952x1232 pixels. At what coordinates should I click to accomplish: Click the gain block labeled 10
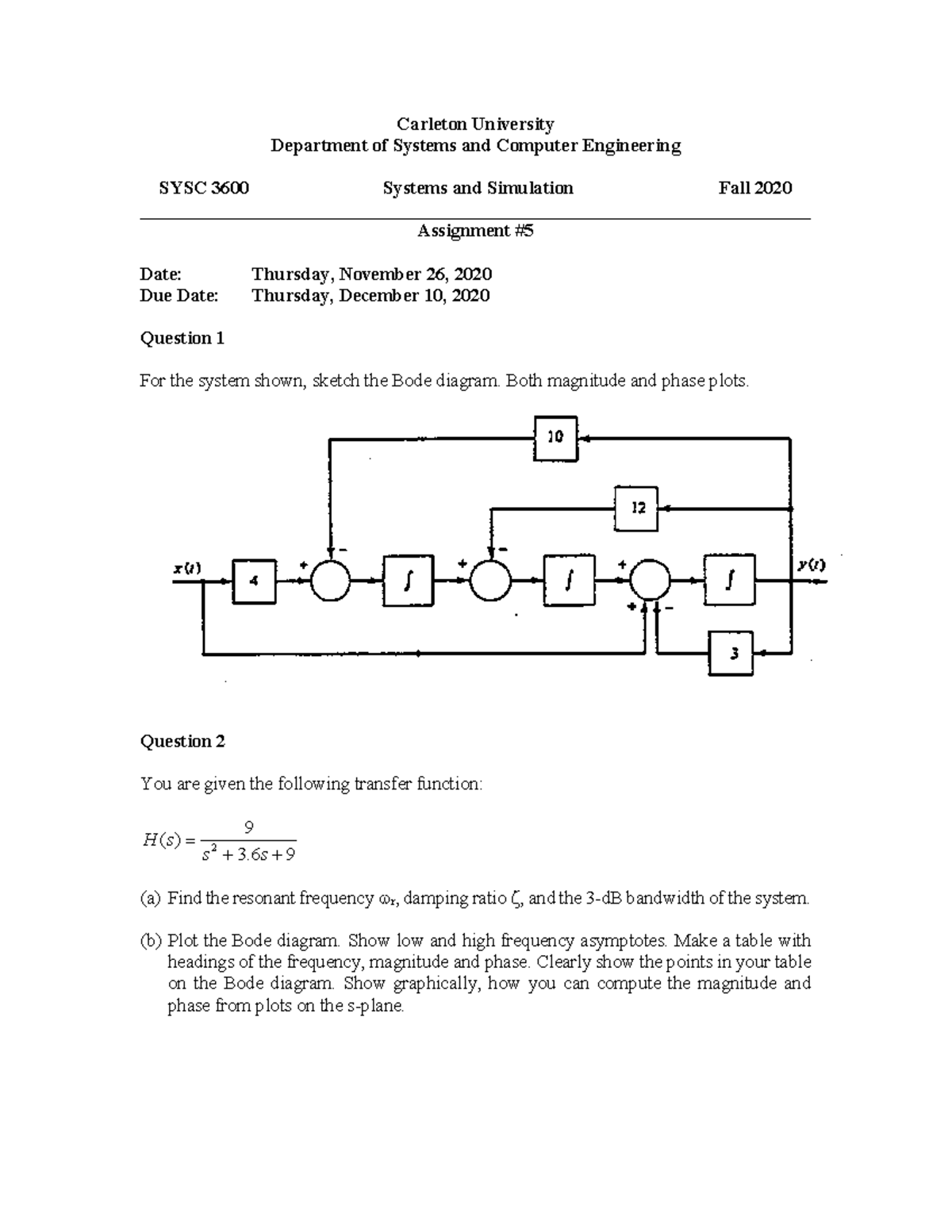[x=555, y=438]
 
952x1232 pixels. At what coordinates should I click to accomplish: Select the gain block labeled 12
[x=636, y=509]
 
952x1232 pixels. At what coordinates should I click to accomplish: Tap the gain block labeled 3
[x=731, y=653]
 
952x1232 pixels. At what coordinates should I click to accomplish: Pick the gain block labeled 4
[x=254, y=581]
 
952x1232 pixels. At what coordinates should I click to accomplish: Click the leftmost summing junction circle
[x=330, y=581]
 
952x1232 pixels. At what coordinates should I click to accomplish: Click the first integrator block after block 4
[x=408, y=581]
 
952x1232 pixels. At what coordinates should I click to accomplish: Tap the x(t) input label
[x=187, y=567]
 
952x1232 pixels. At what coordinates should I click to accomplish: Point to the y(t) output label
[x=812, y=565]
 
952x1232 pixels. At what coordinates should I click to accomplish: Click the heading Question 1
[x=182, y=339]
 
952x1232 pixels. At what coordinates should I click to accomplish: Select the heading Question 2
[x=182, y=742]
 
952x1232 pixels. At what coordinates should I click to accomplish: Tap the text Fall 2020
[x=755, y=188]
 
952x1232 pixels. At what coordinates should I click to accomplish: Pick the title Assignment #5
[x=475, y=231]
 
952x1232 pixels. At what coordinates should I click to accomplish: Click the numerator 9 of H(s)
[x=248, y=828]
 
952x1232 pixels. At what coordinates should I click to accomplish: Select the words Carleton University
[x=475, y=124]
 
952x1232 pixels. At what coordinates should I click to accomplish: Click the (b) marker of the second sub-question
[x=150, y=942]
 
